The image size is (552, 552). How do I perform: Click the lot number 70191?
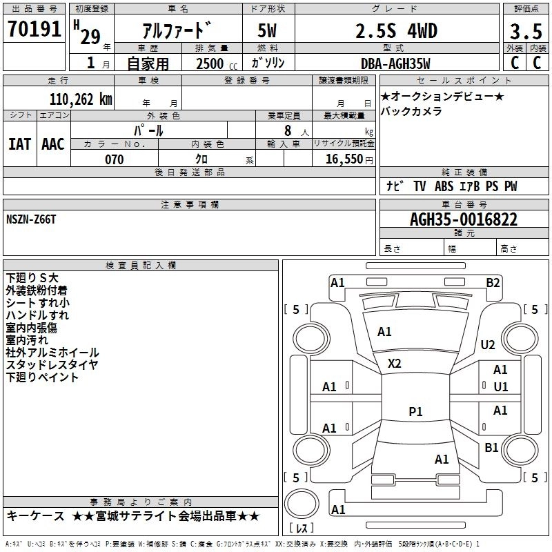pyautogui.click(x=34, y=30)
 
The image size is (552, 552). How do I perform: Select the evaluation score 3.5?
pyautogui.click(x=526, y=32)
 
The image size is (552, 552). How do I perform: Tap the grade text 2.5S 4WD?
pyautogui.click(x=396, y=31)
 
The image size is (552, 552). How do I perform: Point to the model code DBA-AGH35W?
pyautogui.click(x=395, y=63)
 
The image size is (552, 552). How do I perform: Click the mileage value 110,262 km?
pyautogui.click(x=81, y=99)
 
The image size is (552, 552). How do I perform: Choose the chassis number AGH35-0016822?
pyautogui.click(x=463, y=220)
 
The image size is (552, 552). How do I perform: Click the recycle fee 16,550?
pyautogui.click(x=344, y=159)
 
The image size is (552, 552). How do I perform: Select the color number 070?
pyautogui.click(x=114, y=159)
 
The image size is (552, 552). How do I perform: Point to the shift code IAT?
pyautogui.click(x=19, y=144)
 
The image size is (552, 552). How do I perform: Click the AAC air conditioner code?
pyautogui.click(x=52, y=144)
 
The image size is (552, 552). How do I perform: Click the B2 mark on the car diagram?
pyautogui.click(x=493, y=282)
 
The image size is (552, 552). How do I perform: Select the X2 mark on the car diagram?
pyautogui.click(x=395, y=363)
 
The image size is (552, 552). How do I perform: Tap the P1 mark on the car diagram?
pyautogui.click(x=415, y=411)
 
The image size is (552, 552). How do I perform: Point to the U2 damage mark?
pyautogui.click(x=488, y=344)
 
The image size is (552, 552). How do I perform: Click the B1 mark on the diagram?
pyautogui.click(x=491, y=448)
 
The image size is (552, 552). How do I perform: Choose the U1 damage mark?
pyautogui.click(x=500, y=386)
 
